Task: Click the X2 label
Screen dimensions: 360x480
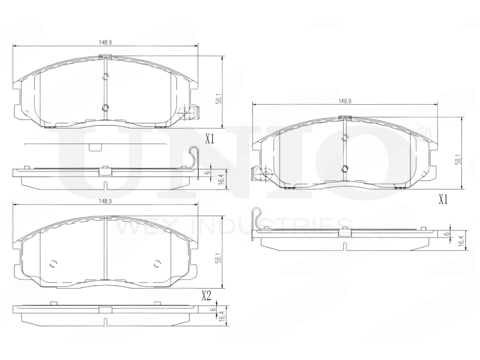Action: [206, 295]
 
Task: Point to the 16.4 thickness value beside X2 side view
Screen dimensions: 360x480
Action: [221, 317]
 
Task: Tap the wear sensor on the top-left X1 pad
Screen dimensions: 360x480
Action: [188, 113]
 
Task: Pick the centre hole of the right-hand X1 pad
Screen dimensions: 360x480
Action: [344, 168]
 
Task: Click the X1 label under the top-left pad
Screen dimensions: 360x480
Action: [209, 139]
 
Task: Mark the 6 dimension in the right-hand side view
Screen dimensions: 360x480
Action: [447, 233]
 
